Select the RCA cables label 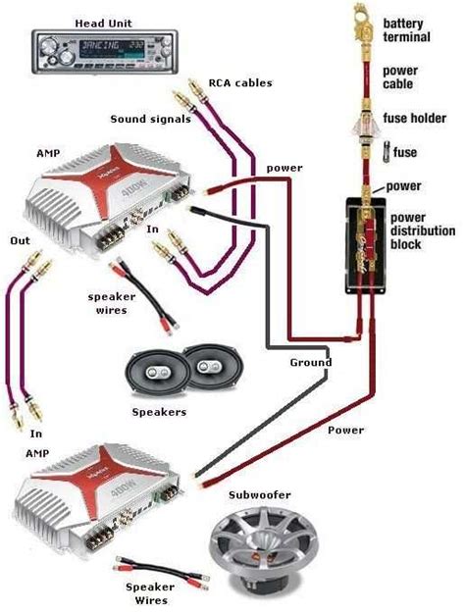[241, 82]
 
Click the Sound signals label [143, 119]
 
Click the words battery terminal [408, 29]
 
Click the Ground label [311, 362]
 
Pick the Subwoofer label [260, 496]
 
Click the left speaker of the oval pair [156, 374]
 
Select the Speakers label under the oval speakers [159, 412]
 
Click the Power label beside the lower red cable [345, 430]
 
